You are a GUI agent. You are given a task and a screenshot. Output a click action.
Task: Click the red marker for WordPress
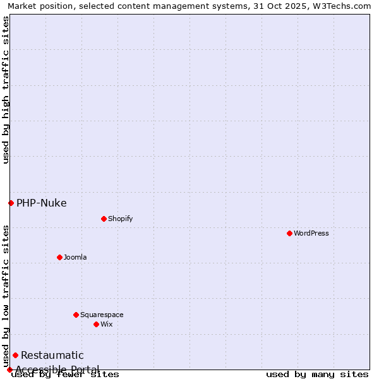(x=289, y=233)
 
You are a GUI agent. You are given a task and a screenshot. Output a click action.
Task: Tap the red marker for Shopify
(x=104, y=219)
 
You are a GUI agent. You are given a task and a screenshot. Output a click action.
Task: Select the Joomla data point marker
(x=59, y=257)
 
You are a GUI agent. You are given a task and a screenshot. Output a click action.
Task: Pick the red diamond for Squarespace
(x=76, y=315)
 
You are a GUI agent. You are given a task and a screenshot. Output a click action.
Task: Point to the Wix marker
(x=96, y=324)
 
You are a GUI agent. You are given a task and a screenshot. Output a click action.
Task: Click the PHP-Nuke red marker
(x=11, y=203)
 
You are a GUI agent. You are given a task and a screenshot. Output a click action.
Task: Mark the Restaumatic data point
(x=15, y=355)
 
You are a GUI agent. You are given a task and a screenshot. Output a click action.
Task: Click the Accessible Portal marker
(x=9, y=370)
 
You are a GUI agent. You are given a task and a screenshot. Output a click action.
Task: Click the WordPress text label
(x=311, y=233)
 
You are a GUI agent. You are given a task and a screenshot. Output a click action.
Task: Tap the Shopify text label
(x=120, y=219)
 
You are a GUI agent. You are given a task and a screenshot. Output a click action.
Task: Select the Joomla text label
(x=75, y=257)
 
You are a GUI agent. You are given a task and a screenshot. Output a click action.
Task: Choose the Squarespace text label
(x=102, y=315)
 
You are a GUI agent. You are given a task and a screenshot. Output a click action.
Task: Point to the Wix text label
(x=106, y=324)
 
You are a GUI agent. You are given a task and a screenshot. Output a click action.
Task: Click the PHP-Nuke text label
(x=42, y=203)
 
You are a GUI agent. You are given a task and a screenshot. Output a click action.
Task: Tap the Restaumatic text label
(x=52, y=355)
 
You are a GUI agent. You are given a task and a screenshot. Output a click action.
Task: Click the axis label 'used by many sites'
(x=317, y=374)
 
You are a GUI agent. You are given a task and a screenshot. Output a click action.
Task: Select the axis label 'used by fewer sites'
(x=65, y=374)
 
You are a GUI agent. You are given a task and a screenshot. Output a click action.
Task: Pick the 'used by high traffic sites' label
(x=6, y=90)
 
